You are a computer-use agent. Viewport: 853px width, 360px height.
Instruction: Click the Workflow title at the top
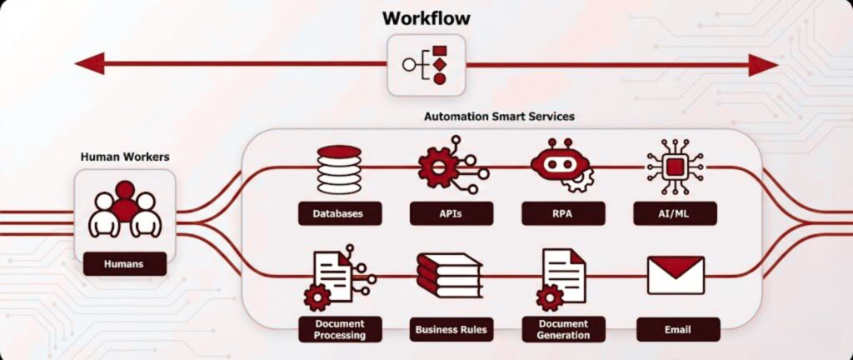[x=426, y=17]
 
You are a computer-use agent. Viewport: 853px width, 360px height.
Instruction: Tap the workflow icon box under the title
[x=426, y=64]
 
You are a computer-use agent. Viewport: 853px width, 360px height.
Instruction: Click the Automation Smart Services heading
[x=500, y=117]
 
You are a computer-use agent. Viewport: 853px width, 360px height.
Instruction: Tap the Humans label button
[x=124, y=264]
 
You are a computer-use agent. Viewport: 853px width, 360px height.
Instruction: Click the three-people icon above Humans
[x=124, y=209]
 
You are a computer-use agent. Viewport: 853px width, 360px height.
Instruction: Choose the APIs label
[x=451, y=213]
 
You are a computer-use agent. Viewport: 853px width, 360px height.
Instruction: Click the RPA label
[x=563, y=213]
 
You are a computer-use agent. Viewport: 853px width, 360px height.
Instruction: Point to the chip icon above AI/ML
[x=675, y=167]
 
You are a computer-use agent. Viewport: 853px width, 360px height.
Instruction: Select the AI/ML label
[x=675, y=213]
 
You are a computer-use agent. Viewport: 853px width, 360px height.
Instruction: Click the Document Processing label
[x=340, y=329]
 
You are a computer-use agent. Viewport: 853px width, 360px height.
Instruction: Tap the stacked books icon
[x=450, y=276]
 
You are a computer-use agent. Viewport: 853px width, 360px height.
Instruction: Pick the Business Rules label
[x=451, y=329]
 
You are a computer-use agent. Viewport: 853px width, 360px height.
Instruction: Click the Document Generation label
[x=563, y=329]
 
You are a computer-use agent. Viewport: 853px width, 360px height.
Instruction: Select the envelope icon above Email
[x=676, y=275]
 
